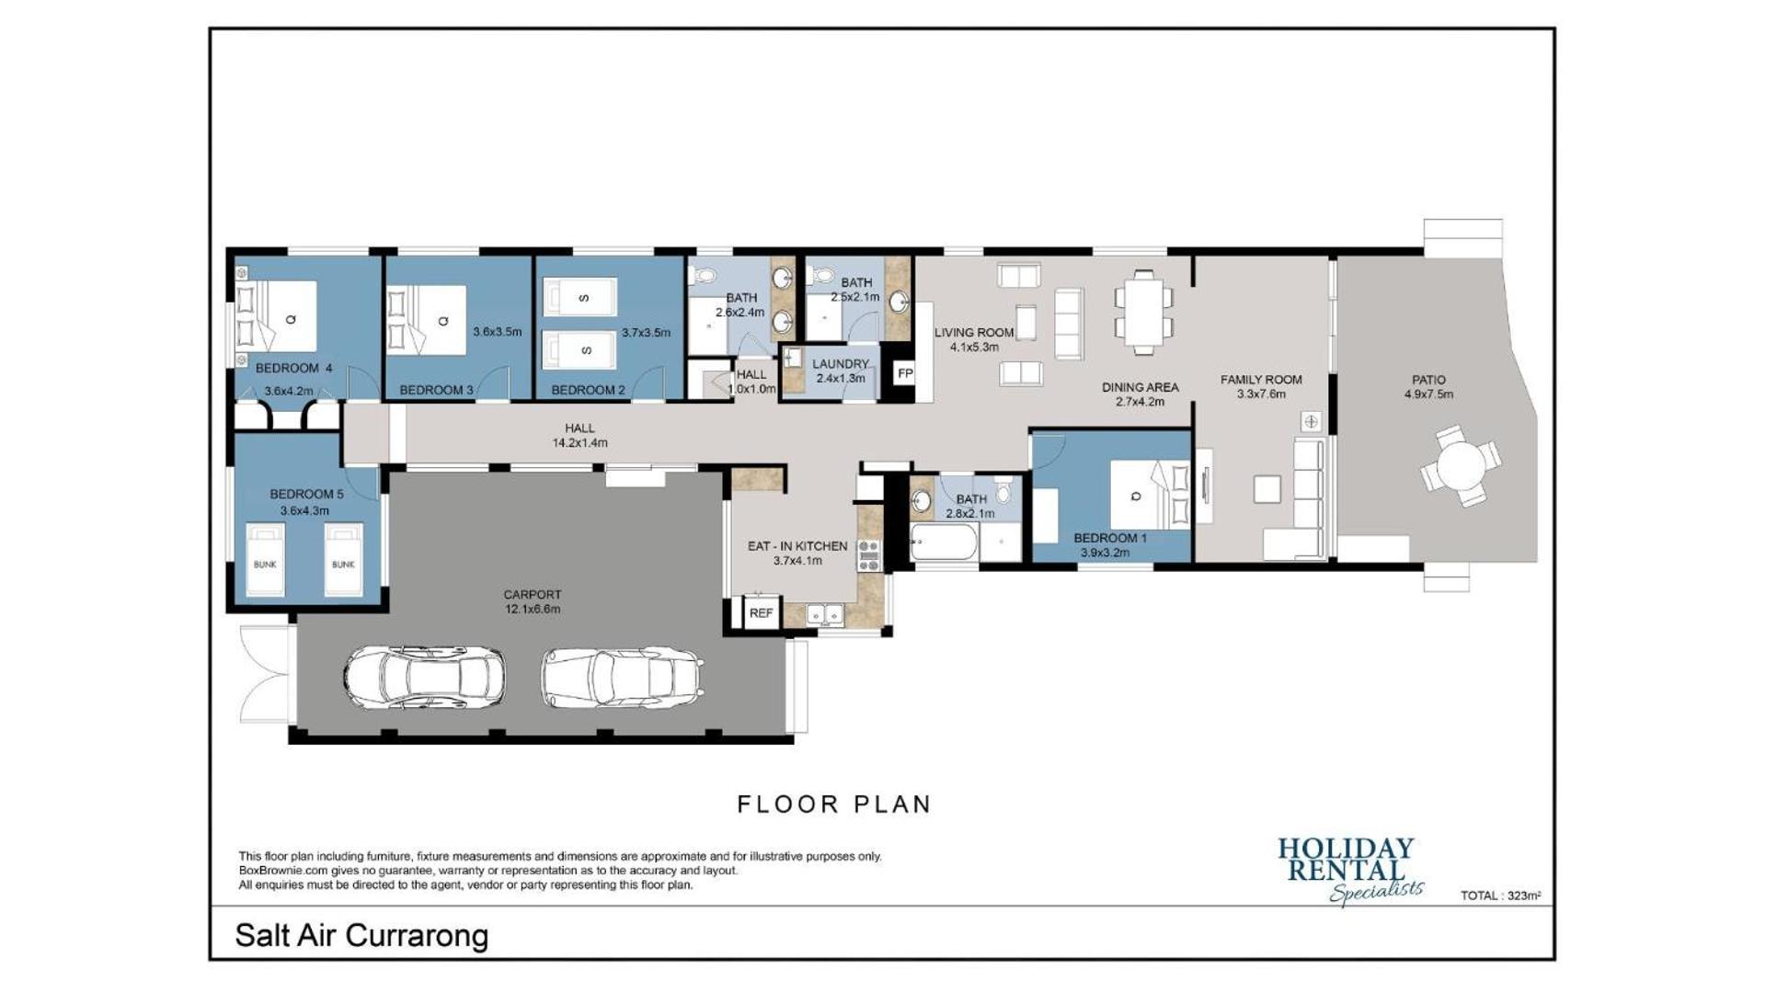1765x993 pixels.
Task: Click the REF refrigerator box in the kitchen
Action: pyautogui.click(x=761, y=613)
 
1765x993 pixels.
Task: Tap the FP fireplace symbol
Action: pyautogui.click(x=905, y=373)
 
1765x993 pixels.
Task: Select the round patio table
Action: pyautogui.click(x=1461, y=465)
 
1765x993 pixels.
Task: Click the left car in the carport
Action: pyautogui.click(x=424, y=677)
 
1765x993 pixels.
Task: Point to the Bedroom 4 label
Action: pyautogui.click(x=293, y=368)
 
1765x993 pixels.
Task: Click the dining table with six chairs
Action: pyautogui.click(x=1143, y=312)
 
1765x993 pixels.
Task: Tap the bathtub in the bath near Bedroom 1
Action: pyautogui.click(x=943, y=542)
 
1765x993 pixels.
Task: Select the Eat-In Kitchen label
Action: pyautogui.click(x=797, y=546)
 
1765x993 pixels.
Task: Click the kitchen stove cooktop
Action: pyautogui.click(x=868, y=556)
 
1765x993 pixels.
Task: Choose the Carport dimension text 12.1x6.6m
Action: pyautogui.click(x=533, y=609)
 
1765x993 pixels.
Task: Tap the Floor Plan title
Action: pyautogui.click(x=834, y=805)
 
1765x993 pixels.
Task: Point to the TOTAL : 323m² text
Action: pyautogui.click(x=1500, y=896)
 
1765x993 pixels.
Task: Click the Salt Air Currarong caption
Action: pyautogui.click(x=361, y=936)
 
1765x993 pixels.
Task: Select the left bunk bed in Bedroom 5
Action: pyautogui.click(x=265, y=560)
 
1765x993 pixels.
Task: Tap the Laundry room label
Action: pyautogui.click(x=841, y=364)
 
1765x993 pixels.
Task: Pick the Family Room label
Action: pyautogui.click(x=1261, y=380)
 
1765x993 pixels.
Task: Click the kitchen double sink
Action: pyautogui.click(x=825, y=614)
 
